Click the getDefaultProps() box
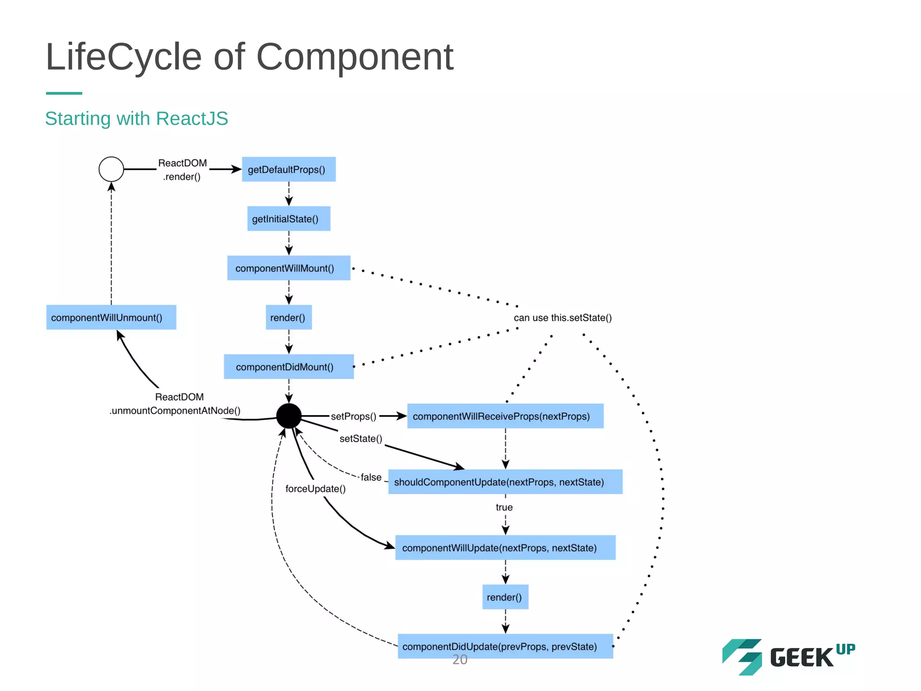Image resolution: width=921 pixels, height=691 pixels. (x=289, y=170)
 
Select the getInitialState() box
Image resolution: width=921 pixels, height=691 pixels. (x=289, y=219)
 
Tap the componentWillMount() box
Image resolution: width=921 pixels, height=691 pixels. (x=289, y=268)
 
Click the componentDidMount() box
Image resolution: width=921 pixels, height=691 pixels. (x=289, y=367)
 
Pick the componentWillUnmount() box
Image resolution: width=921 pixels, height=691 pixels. (x=111, y=318)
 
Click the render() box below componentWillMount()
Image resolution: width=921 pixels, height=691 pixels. (x=289, y=318)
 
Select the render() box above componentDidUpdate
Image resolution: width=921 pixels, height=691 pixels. (x=505, y=597)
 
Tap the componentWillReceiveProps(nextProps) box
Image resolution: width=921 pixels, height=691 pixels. (x=505, y=416)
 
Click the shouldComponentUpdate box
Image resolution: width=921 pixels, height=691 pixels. (x=505, y=482)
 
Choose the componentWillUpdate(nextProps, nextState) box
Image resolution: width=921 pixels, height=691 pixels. (x=505, y=547)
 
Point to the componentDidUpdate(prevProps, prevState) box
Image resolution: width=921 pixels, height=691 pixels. (x=505, y=646)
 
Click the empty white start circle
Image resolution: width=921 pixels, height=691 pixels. (x=111, y=169)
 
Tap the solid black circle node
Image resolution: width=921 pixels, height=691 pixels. (x=289, y=416)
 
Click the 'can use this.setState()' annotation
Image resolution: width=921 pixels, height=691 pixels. (x=563, y=318)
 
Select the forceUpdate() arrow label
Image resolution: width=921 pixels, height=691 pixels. (x=315, y=489)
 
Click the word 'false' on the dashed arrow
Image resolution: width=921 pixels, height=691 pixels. (x=371, y=477)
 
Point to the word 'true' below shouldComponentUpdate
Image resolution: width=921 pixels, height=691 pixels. (x=504, y=507)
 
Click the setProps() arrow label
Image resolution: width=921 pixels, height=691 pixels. (x=353, y=417)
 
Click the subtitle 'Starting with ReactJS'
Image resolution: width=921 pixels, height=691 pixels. (x=137, y=119)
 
